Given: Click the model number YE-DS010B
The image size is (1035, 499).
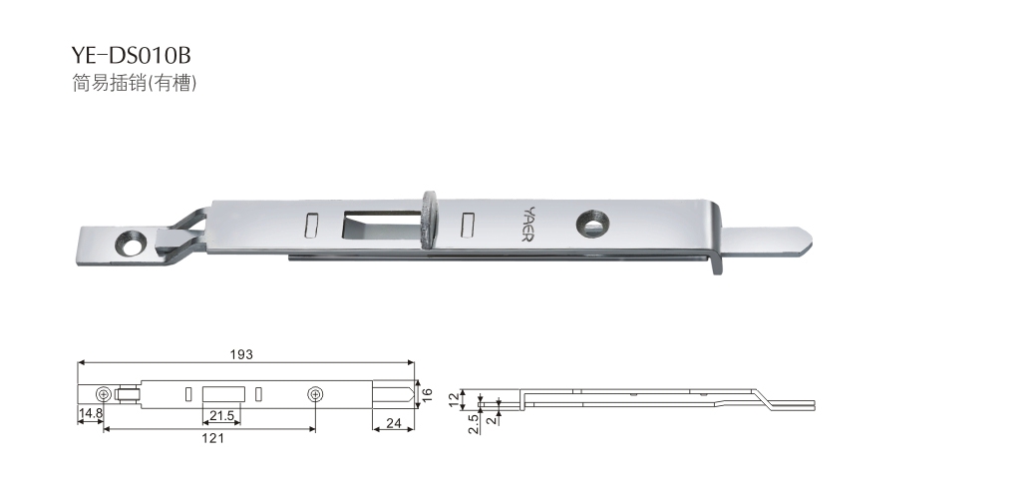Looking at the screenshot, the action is pos(131,54).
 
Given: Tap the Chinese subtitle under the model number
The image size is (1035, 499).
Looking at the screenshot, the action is pos(134,83).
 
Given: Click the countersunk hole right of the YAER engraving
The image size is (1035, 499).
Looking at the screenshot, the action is pos(590,225).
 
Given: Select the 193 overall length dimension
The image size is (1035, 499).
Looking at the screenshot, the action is pos(241,355).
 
